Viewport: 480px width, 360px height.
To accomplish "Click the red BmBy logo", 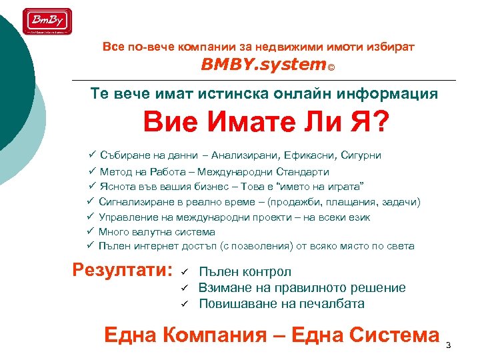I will pos(47,21).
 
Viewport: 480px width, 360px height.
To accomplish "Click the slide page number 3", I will pos(448,345).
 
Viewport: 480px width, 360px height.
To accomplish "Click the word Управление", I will pos(128,217).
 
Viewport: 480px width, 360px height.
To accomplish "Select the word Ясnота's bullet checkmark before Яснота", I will pos(93,187).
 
